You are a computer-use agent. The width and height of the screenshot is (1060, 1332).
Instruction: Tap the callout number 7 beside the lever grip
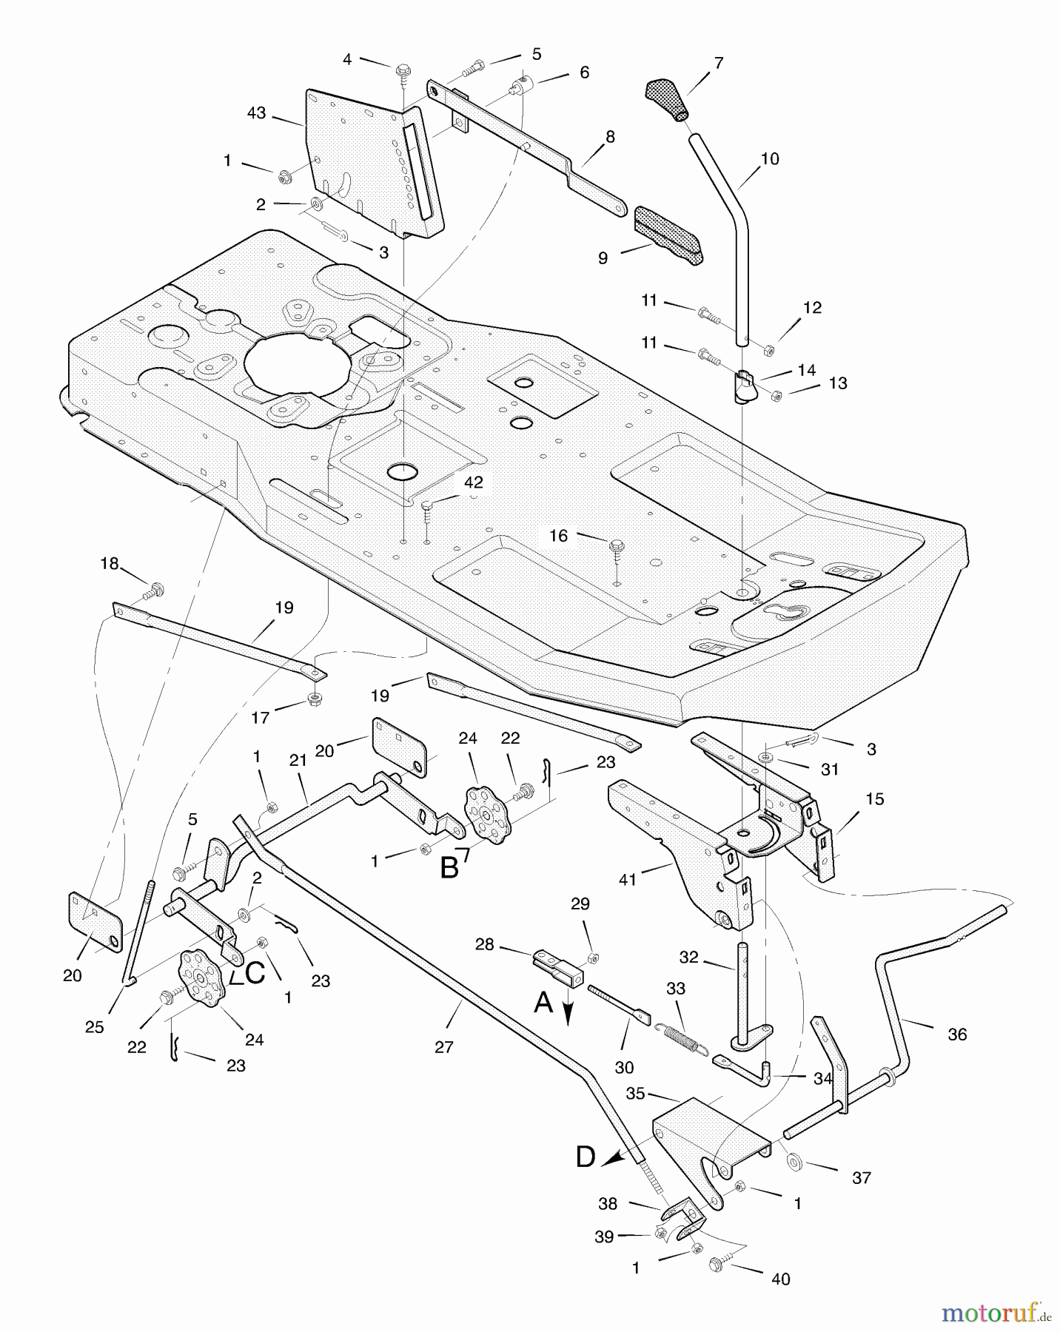pos(717,64)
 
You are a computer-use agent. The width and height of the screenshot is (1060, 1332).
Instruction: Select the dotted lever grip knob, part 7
pos(666,100)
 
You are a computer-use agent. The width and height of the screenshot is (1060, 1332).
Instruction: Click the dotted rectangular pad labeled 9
pos(668,233)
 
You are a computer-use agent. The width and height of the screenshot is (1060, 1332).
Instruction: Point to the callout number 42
pos(473,482)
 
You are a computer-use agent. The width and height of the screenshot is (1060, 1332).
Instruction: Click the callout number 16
pos(558,535)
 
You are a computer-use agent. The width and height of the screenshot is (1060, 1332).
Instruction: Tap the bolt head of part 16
pos(616,546)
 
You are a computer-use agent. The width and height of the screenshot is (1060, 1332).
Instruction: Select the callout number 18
pos(110,564)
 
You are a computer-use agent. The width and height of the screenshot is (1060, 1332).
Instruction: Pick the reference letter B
pos(449,867)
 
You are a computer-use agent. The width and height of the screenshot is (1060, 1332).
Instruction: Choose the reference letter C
pos(254,974)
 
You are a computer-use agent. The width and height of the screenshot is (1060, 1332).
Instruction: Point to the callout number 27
pos(444,1046)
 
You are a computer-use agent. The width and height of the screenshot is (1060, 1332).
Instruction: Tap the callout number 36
pos(957,1035)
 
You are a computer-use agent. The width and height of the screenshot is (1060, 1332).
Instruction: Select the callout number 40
pos(781,1279)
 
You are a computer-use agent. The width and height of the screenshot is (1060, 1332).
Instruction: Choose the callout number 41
pos(628,880)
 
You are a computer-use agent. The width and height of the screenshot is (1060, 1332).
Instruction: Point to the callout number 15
pos(875,799)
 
